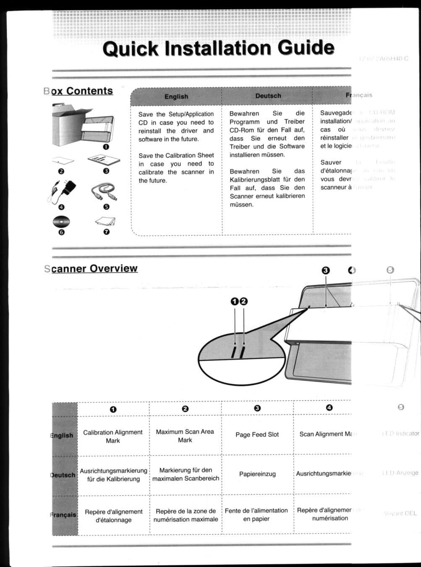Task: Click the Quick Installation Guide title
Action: (x=218, y=48)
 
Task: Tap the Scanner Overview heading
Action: (x=91, y=269)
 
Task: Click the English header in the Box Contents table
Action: (x=176, y=97)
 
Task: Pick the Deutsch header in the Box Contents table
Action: (x=268, y=96)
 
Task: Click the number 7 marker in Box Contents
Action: (x=106, y=232)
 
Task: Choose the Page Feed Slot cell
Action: (x=257, y=435)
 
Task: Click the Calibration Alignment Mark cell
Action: (x=113, y=436)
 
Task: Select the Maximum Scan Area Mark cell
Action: (x=185, y=436)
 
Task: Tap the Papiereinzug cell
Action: (x=257, y=474)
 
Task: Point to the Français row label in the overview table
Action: (x=64, y=515)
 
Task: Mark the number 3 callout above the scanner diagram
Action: (x=326, y=270)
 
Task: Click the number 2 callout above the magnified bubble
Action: (x=243, y=301)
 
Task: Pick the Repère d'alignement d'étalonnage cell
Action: (x=113, y=516)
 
